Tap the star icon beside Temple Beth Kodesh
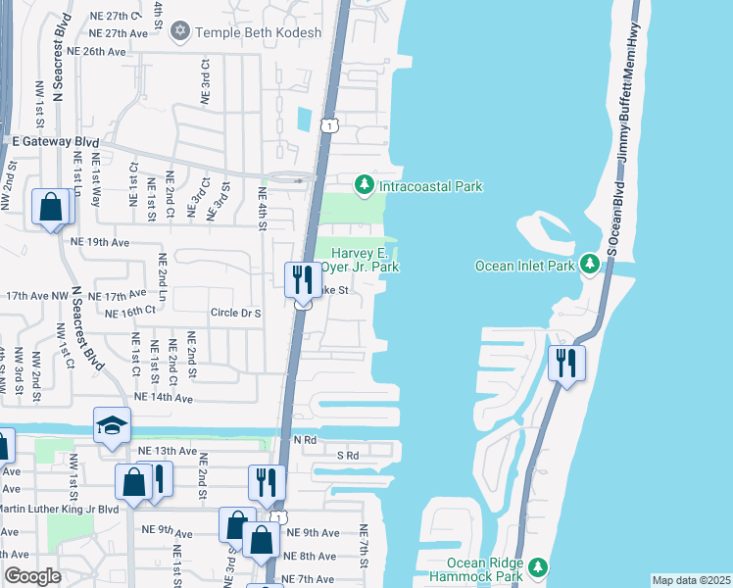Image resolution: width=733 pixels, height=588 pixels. click(x=179, y=32)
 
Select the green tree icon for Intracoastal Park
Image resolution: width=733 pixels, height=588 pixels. click(x=364, y=184)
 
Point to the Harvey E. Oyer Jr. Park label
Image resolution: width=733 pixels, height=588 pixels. click(x=359, y=260)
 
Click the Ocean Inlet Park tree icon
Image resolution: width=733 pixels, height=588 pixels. click(x=589, y=265)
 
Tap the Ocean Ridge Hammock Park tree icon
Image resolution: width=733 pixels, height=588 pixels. click(x=537, y=567)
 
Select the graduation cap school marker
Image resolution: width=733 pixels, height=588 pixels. click(x=112, y=426)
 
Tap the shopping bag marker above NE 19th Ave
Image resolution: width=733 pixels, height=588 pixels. click(x=50, y=207)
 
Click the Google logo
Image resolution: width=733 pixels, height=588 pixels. click(x=32, y=576)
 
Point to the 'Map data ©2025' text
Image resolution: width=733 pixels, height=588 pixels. click(x=690, y=580)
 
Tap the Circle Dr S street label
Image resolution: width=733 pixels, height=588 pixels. click(x=235, y=314)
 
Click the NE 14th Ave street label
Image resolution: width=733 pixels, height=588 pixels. click(x=164, y=398)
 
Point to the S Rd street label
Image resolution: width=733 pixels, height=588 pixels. click(x=348, y=456)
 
